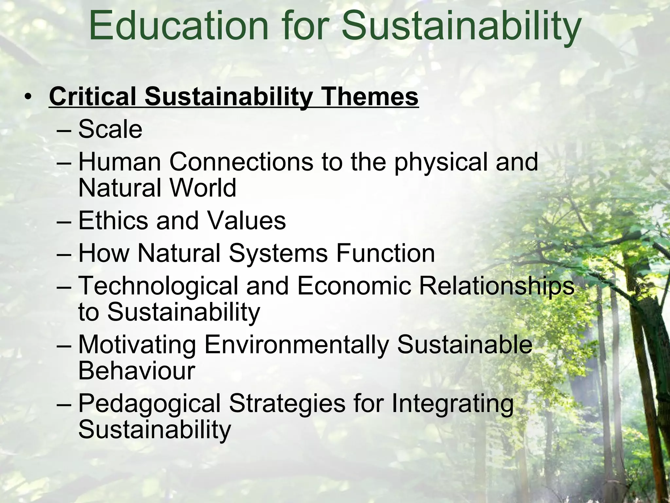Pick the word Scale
pos(110,129)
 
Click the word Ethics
pos(113,220)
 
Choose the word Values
pos(247,220)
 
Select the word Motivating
pos(137,345)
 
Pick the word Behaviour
pos(136,371)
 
